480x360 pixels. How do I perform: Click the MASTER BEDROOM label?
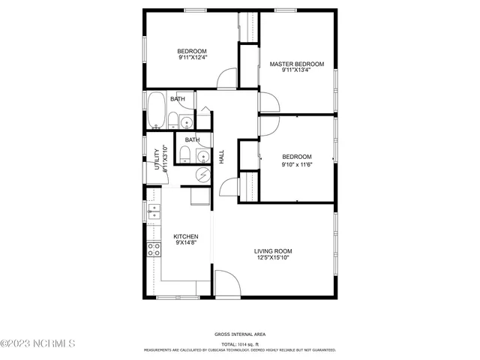click(297, 64)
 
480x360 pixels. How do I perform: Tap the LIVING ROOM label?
click(273, 251)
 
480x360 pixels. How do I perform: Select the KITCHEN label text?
click(186, 236)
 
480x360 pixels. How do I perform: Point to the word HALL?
click(221, 157)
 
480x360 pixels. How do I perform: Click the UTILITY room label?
click(157, 160)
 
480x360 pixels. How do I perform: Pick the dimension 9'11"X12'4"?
click(193, 57)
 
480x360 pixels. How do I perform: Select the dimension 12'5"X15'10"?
click(273, 258)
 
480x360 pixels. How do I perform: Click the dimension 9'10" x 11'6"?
click(297, 164)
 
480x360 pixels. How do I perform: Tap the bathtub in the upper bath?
click(156, 111)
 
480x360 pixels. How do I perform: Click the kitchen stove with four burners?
click(154, 250)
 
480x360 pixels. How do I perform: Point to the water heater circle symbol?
click(202, 174)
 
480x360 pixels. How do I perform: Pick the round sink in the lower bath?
click(202, 155)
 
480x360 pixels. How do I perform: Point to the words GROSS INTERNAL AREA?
click(239, 334)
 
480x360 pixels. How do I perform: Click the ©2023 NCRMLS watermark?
click(38, 344)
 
